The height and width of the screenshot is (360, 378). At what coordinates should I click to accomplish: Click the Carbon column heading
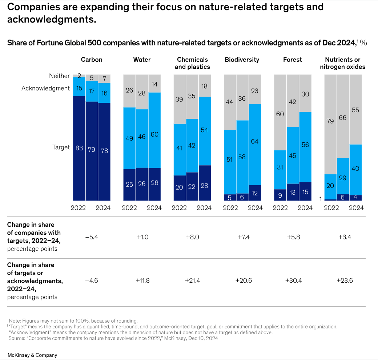pyautogui.click(x=92, y=60)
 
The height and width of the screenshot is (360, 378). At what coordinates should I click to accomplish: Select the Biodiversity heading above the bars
pyautogui.click(x=242, y=60)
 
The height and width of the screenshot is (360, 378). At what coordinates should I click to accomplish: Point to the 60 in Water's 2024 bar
pyautogui.click(x=154, y=134)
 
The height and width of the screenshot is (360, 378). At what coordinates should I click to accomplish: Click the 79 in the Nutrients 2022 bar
pyautogui.click(x=330, y=121)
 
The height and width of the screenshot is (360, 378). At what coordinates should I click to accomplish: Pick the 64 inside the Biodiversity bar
pyautogui.click(x=255, y=141)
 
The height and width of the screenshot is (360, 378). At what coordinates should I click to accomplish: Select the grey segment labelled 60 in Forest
pyautogui.click(x=280, y=114)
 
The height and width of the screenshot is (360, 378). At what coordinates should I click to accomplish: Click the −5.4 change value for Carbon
pyautogui.click(x=92, y=237)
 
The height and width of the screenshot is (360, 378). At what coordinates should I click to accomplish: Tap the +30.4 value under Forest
pyautogui.click(x=293, y=280)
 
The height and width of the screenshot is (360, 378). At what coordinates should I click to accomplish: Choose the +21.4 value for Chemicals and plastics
pyautogui.click(x=192, y=280)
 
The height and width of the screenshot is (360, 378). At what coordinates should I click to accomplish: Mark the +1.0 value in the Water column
pyautogui.click(x=142, y=237)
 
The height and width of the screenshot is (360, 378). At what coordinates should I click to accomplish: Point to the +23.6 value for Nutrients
pyautogui.click(x=342, y=280)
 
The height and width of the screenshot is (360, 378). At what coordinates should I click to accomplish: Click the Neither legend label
pyautogui.click(x=59, y=76)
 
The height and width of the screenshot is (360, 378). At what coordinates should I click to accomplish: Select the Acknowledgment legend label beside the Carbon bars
pyautogui.click(x=45, y=88)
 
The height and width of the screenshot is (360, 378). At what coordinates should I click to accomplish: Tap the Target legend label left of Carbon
pyautogui.click(x=61, y=147)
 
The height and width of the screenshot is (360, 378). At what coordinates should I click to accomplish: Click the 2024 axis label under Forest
pyautogui.click(x=305, y=208)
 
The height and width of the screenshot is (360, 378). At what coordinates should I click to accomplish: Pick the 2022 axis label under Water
pyautogui.click(x=129, y=208)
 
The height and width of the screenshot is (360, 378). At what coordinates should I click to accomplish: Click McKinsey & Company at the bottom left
pyautogui.click(x=32, y=355)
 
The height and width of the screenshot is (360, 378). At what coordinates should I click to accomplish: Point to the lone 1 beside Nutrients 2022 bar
pyautogui.click(x=321, y=199)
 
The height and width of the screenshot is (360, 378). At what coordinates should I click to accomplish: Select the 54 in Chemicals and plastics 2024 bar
pyautogui.click(x=204, y=130)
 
